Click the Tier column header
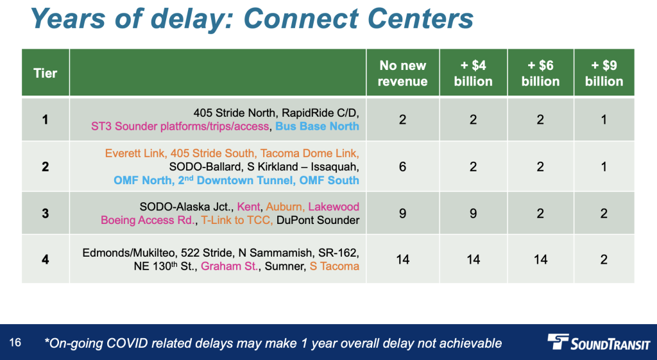(x=46, y=73)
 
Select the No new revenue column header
(x=403, y=73)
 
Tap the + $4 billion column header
(x=473, y=73)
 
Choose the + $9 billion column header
(x=604, y=73)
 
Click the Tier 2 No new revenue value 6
(x=403, y=167)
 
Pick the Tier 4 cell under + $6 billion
(x=540, y=260)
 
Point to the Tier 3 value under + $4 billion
(x=473, y=214)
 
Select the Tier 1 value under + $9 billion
(x=604, y=120)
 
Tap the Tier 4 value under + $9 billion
(x=604, y=260)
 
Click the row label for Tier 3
(x=46, y=214)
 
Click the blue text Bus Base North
(x=317, y=126)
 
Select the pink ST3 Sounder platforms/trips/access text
(x=180, y=126)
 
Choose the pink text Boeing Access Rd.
(x=148, y=220)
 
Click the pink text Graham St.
(x=229, y=266)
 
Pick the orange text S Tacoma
(x=334, y=266)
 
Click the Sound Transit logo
(x=599, y=342)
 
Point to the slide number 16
(x=15, y=343)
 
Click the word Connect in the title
(x=300, y=19)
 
